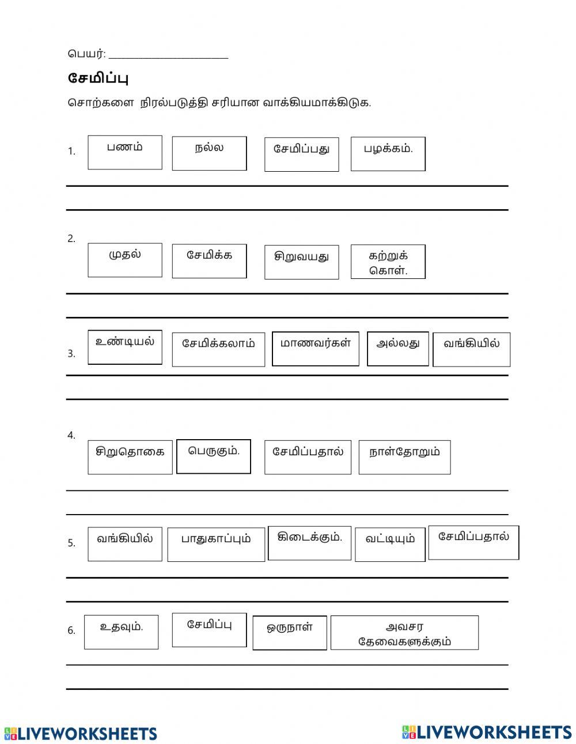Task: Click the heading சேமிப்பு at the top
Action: pos(97,78)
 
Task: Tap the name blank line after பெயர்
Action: pos(168,55)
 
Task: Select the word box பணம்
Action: pos(125,153)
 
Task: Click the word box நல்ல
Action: pos(209,153)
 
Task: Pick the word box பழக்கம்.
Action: pos(388,154)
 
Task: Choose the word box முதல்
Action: pos(125,260)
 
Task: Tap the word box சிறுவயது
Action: pos(301,262)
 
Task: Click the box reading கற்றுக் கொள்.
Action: pos(388,262)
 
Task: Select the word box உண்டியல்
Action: pos(125,347)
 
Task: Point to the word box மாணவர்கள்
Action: pos(315,349)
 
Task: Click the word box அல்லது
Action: pos(397,349)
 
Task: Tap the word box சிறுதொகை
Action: pos(130,457)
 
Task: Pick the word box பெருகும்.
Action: pos(213,456)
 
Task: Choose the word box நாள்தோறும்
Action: pos(404,457)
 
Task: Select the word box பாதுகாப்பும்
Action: pos(216,544)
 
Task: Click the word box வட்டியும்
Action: pos(390,544)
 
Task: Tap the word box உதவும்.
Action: pos(121,632)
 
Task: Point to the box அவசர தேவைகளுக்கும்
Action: pos(404,633)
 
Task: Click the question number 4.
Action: pos(71,436)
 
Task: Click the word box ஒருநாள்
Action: pos(290,633)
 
